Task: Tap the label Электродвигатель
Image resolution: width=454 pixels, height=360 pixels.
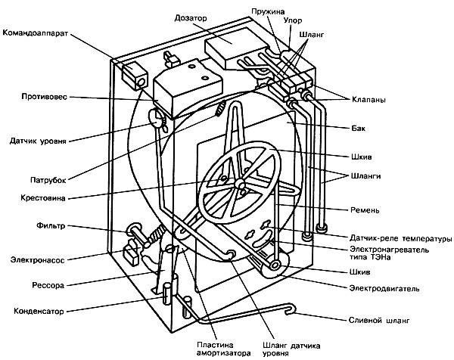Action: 393,287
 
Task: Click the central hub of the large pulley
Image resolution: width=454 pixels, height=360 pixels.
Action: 238,184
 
